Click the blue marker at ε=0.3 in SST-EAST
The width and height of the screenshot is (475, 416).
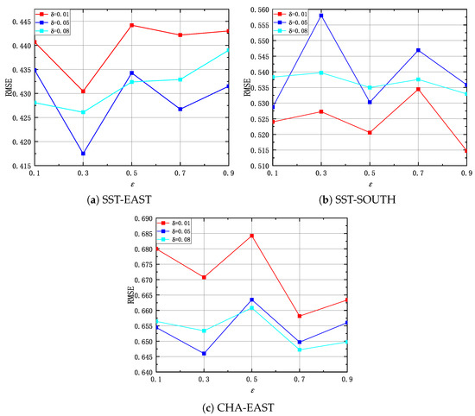pos(84,154)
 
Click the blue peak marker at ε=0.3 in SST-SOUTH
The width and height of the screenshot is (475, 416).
pos(321,16)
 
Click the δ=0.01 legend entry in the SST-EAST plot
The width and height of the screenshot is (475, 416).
pos(57,13)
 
